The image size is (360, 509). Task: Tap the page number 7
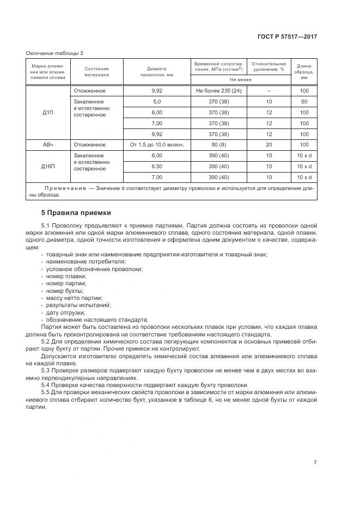coord(315,463)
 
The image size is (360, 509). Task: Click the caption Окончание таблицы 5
coord(54,53)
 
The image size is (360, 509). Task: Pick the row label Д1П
coord(47,113)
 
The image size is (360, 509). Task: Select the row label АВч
coord(47,145)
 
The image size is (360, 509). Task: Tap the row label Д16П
coord(47,167)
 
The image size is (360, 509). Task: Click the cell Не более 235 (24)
coord(218,91)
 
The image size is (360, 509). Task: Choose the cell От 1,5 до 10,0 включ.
coord(157,145)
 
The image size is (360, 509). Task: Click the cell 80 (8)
coord(218,145)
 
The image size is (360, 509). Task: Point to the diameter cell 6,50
coord(157,167)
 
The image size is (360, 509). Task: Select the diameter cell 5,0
coord(157,102)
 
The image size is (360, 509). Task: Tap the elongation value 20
coord(269,145)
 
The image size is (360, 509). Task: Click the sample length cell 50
coord(304,102)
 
